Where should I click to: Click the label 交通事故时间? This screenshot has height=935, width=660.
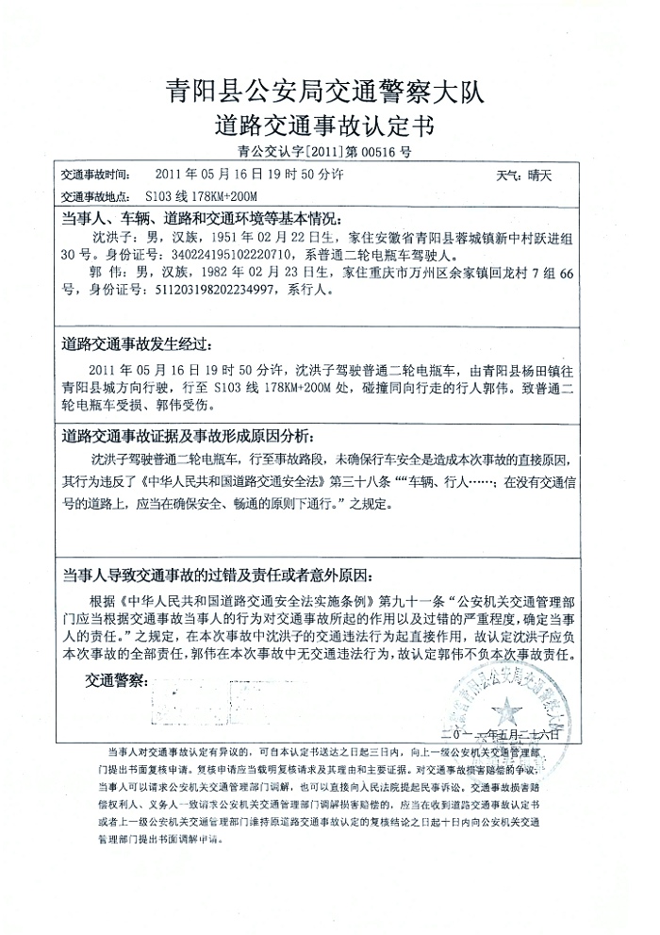[99, 176]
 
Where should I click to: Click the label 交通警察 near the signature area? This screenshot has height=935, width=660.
[117, 680]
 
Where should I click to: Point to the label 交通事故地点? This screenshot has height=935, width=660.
[99, 197]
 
